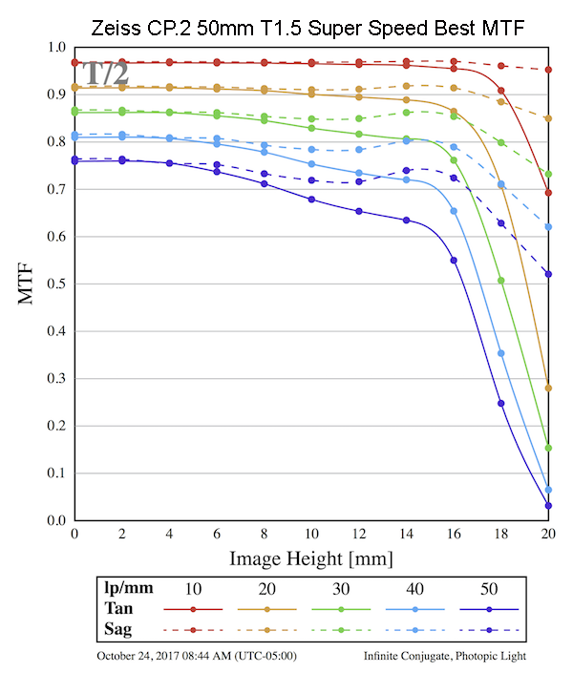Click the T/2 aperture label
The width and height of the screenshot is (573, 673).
[104, 74]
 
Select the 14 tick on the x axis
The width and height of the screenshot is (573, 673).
[406, 533]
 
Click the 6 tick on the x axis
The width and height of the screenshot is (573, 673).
[217, 533]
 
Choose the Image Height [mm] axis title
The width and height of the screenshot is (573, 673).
[311, 557]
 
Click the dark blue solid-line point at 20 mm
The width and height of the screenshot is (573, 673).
[548, 506]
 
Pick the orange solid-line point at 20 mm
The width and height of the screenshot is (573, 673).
[548, 388]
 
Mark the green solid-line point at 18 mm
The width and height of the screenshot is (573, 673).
[500, 281]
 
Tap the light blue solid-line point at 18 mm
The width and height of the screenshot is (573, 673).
[500, 353]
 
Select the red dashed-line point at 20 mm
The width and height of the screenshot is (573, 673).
[548, 70]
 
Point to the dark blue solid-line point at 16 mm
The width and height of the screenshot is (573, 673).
[454, 261]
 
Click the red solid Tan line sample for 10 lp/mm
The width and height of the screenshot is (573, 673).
[193, 609]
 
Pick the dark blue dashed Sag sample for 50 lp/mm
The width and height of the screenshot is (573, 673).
[489, 630]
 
